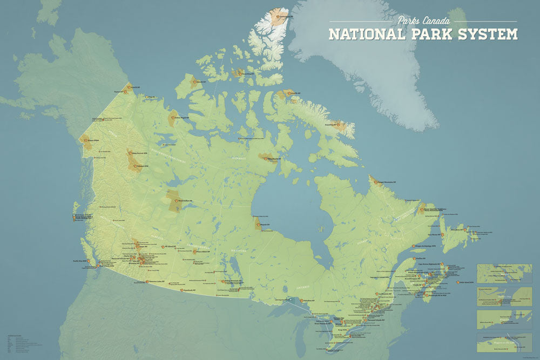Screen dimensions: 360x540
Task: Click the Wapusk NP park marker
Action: pyautogui.click(x=258, y=224)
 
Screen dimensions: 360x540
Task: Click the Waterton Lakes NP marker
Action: pyautogui.click(x=147, y=282)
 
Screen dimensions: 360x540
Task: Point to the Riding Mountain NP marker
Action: pyautogui.click(x=223, y=281)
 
